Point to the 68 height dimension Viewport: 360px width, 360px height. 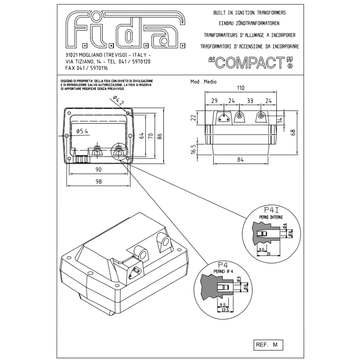tap(293, 132)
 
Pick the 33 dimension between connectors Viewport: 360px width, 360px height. tap(250, 100)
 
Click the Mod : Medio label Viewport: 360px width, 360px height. tap(204, 82)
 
